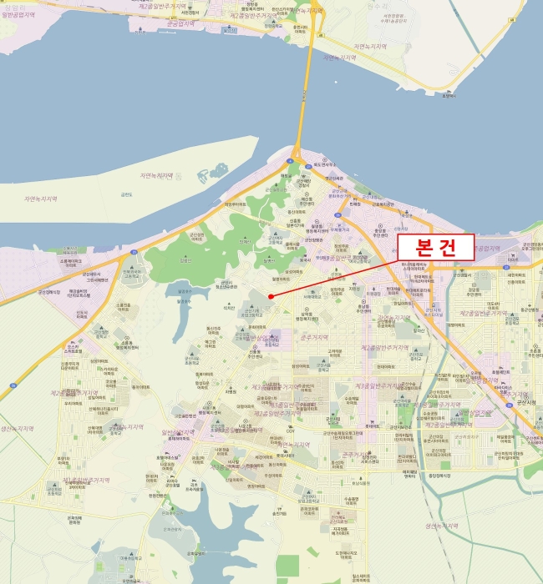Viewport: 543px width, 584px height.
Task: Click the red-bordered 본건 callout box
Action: (x=435, y=247)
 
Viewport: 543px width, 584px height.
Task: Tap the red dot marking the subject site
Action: (x=271, y=295)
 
